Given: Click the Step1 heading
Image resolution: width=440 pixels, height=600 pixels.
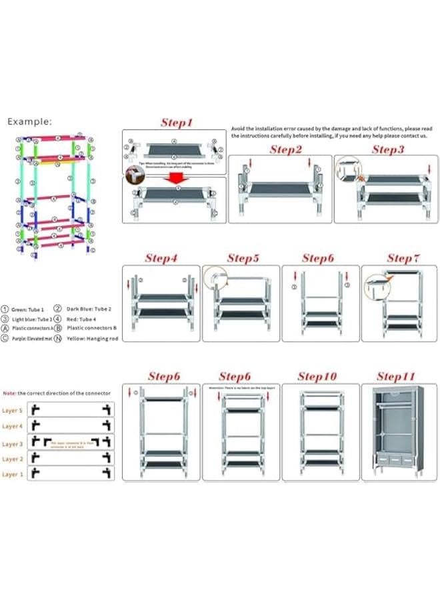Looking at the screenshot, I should tap(177, 123).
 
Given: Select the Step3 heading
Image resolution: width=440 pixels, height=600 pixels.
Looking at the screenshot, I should tap(388, 149).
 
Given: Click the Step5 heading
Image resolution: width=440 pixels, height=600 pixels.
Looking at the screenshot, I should tap(243, 258).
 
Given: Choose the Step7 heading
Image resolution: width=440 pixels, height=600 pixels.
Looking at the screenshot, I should tap(403, 258).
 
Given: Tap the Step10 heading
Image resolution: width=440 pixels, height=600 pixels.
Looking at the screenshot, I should tap(317, 377).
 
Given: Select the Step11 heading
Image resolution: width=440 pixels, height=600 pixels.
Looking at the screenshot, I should tap(397, 377).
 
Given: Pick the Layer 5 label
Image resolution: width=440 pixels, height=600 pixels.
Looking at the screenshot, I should tap(13, 411).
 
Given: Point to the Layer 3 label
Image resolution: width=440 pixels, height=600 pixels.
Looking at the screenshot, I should tap(13, 443).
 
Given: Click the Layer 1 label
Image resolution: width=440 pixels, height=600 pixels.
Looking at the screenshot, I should tap(13, 474).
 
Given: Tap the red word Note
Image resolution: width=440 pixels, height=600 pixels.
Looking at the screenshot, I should tap(9, 393).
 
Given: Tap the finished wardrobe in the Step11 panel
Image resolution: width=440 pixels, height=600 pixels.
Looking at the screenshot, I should tap(397, 432).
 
